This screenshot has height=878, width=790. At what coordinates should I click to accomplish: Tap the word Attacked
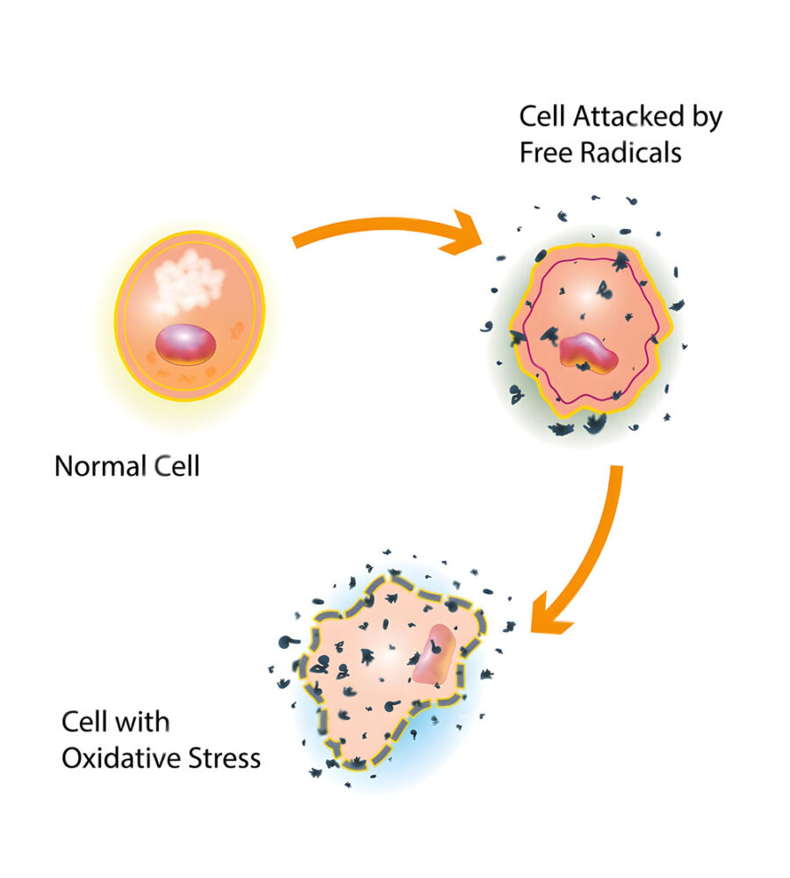tap(624, 117)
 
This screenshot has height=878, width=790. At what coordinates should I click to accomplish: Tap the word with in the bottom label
tap(144, 723)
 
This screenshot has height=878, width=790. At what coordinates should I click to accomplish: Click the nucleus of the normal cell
tap(185, 344)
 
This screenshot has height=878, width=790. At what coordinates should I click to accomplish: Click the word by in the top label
tap(706, 119)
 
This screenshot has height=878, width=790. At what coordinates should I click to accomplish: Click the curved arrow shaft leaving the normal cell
tap(369, 228)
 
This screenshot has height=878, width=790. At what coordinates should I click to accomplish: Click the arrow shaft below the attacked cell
tap(603, 527)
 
